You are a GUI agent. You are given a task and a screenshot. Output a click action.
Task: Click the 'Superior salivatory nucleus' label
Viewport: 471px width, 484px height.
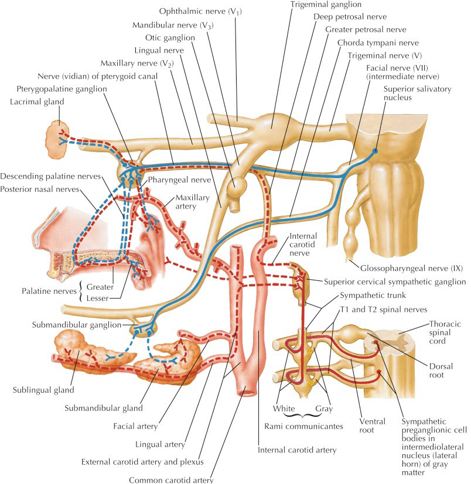[411, 93]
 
